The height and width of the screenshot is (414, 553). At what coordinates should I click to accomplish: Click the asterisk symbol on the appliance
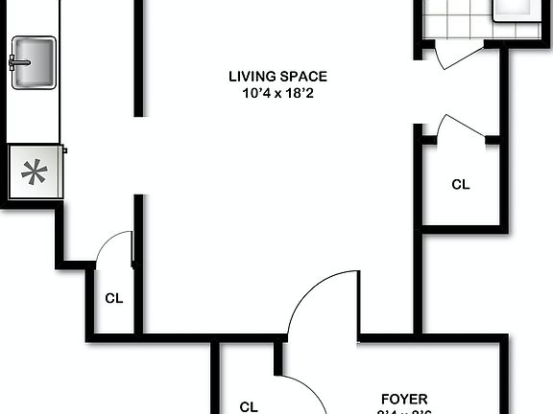click(36, 172)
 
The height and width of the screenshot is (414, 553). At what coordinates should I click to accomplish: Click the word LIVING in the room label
click(250, 77)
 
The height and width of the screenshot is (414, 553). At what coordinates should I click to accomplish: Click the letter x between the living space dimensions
click(277, 94)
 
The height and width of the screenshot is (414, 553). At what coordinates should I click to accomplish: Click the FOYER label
click(403, 398)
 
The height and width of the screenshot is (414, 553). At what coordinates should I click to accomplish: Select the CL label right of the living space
click(461, 184)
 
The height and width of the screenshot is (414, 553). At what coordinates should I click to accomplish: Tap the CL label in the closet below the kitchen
click(114, 298)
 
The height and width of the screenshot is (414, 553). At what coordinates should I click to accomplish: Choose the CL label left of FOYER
click(249, 405)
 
